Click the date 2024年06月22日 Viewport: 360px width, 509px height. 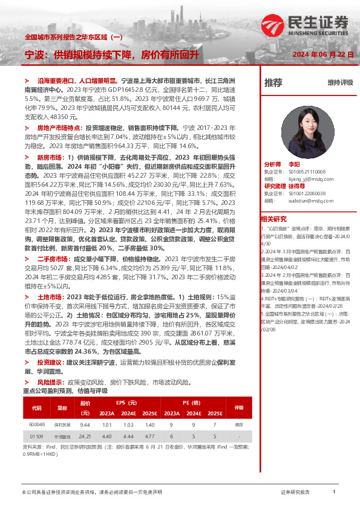click(x=320, y=54)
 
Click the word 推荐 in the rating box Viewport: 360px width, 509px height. click(x=273, y=83)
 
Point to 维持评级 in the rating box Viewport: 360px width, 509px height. click(x=340, y=83)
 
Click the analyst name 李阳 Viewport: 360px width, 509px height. click(x=294, y=164)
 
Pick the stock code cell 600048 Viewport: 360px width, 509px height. click(x=37, y=425)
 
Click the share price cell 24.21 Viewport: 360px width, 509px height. click(x=85, y=436)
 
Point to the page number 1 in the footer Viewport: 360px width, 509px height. click(x=333, y=492)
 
